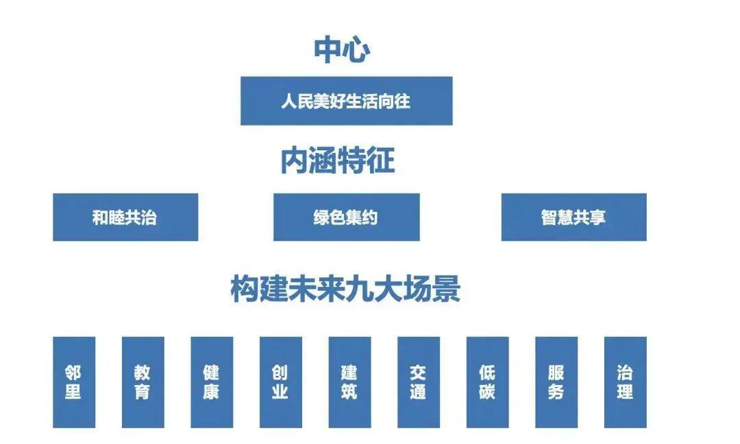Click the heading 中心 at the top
click(x=342, y=50)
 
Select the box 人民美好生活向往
click(x=346, y=101)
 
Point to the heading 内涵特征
click(x=338, y=161)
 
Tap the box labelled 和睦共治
click(x=125, y=217)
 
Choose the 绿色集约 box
click(x=346, y=217)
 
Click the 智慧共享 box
click(x=573, y=217)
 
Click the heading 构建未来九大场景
click(x=345, y=289)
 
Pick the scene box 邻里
click(x=74, y=382)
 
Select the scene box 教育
click(x=143, y=382)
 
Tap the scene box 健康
click(x=212, y=382)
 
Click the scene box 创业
click(x=280, y=382)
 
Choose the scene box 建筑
click(x=349, y=382)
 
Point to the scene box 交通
click(x=418, y=382)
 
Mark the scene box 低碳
click(x=487, y=382)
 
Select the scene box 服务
click(x=556, y=382)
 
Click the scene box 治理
click(x=625, y=382)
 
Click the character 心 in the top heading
click(x=356, y=50)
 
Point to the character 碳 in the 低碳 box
click(x=487, y=392)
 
